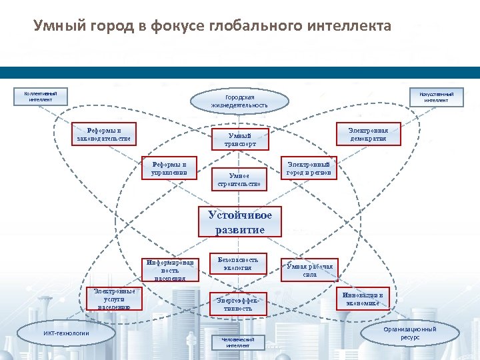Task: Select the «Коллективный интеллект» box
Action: [41, 97]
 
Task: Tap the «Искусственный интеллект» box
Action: [437, 97]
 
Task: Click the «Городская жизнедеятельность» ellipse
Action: [239, 101]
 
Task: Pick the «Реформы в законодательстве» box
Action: [104, 134]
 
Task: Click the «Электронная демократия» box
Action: [368, 134]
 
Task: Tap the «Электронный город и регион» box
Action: [309, 168]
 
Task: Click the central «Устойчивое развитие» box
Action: [239, 223]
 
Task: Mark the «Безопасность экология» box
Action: [238, 263]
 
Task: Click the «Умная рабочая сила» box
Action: [309, 270]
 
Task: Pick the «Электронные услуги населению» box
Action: [114, 299]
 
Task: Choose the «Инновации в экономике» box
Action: [363, 299]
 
